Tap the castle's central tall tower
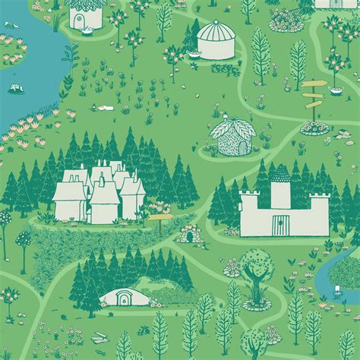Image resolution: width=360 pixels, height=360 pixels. pos(280,186)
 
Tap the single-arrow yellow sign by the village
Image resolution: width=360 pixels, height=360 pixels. pos(159,219)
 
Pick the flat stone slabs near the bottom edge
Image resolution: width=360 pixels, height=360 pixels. pos(99,339)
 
